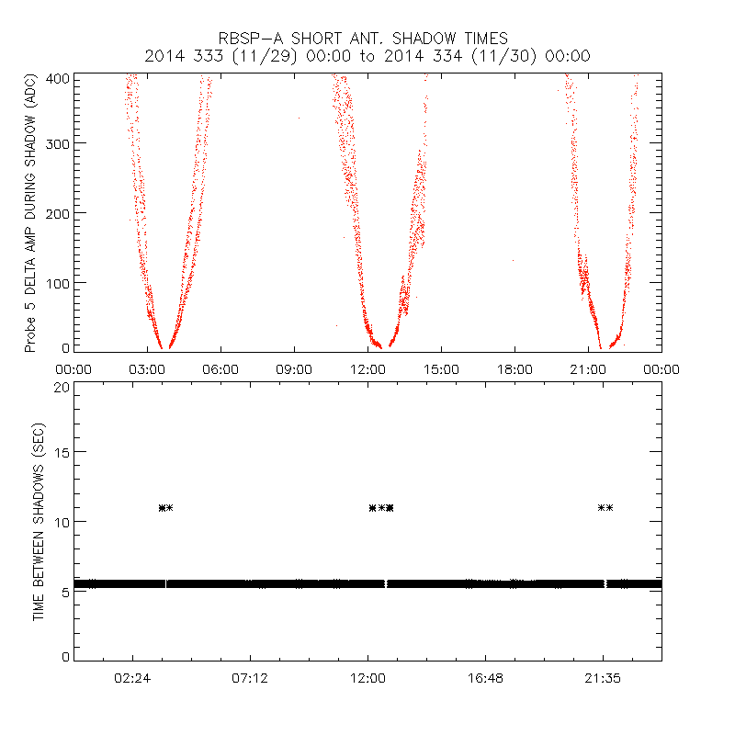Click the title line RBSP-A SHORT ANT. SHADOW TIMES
coord(363,39)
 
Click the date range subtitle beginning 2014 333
coord(367,56)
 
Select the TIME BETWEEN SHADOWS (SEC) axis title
coord(39,521)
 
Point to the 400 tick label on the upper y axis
coord(57,79)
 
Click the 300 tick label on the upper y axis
coord(57,143)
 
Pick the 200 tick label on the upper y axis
coord(57,212)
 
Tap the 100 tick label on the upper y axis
coord(57,282)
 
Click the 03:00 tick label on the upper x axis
coord(147,368)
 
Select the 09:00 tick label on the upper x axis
coord(294,368)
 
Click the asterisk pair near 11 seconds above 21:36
coord(605,507)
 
